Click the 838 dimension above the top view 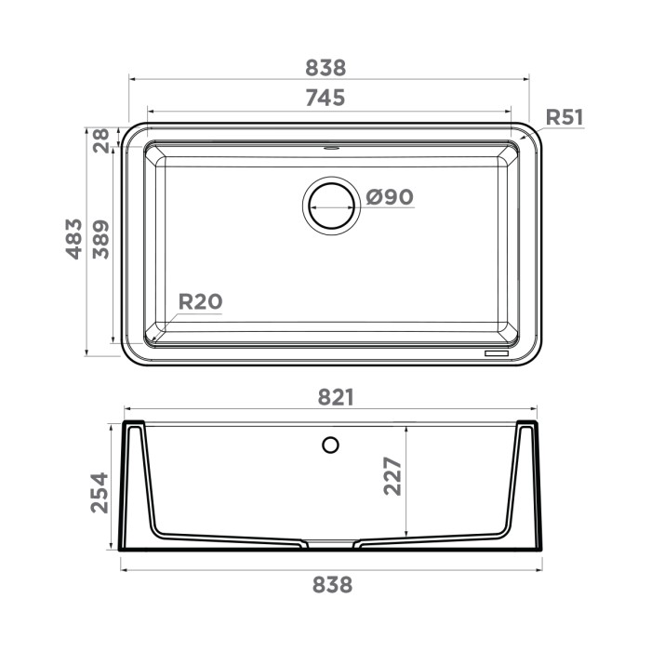click(325, 68)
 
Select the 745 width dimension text click(325, 98)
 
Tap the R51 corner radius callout click(564, 117)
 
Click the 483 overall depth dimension click(74, 239)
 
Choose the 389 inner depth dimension click(100, 239)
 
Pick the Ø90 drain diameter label click(389, 197)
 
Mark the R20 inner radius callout click(200, 301)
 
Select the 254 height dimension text click(100, 492)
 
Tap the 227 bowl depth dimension click(392, 476)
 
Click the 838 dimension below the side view click(332, 585)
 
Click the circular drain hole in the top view click(330, 203)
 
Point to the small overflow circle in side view click(330, 445)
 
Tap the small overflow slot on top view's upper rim click(330, 146)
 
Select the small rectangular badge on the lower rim click(494, 354)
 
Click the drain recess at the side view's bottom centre click(330, 541)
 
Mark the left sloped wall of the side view click(147, 484)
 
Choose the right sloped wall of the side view click(513, 484)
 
